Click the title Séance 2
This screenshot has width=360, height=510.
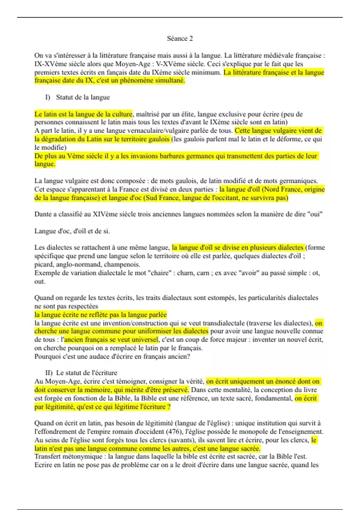pos(180,38)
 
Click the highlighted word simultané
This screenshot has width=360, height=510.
pos(170,80)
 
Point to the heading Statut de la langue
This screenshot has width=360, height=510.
pos(83,97)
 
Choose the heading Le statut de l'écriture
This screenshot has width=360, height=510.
pos(87,373)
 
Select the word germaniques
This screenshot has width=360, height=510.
pos(298,181)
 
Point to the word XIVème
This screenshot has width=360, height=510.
pos(104,214)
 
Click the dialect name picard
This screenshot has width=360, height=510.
pos(44,265)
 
